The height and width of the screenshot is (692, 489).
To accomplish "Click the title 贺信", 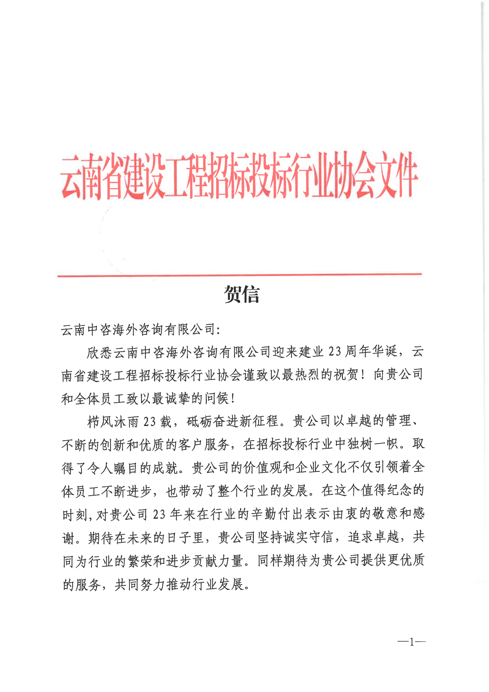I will pos(241,294).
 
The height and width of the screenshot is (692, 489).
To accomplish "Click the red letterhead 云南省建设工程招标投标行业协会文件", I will pos(239,175).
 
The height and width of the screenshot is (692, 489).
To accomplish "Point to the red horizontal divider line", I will pos(239,275).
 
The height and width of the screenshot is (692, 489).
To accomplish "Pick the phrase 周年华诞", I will pos(371,352).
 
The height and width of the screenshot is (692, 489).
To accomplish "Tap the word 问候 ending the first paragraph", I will pos(217,399).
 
